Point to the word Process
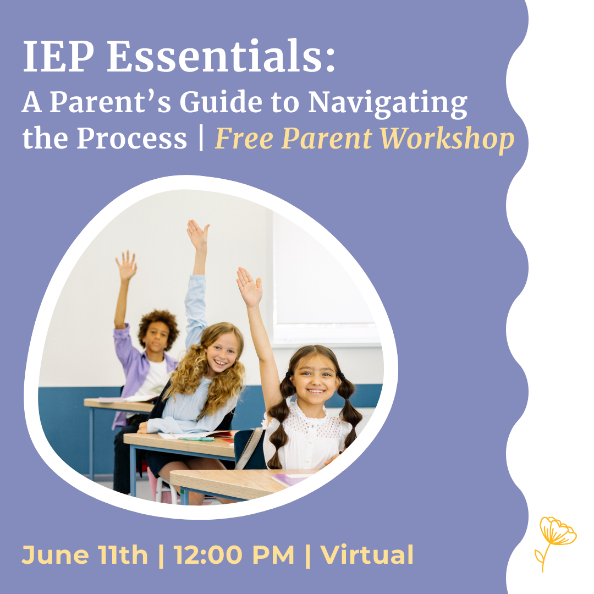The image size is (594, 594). (x=132, y=139)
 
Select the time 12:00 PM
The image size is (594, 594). (x=234, y=555)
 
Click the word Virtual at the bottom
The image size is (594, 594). (x=367, y=555)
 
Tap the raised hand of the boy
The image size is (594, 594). (x=127, y=266)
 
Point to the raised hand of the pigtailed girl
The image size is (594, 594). (x=249, y=287)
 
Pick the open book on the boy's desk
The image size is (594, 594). (x=121, y=399)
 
